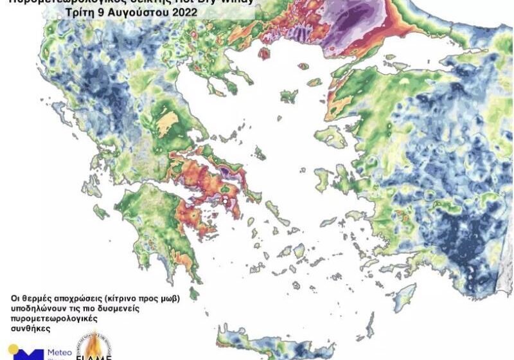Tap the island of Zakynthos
click(x=101, y=212)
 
